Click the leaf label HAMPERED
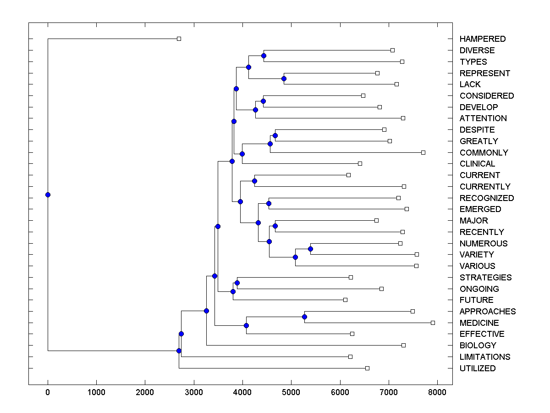point(483,39)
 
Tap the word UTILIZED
point(478,368)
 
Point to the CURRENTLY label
point(485,187)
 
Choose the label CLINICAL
point(477,164)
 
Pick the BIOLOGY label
point(478,346)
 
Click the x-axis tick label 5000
point(291,391)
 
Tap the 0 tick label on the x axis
point(48,391)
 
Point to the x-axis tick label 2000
point(145,391)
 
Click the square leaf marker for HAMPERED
point(179,39)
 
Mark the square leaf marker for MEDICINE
point(433,323)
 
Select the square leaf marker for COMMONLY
point(423,152)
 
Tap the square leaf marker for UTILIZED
point(367,368)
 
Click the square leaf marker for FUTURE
point(345,300)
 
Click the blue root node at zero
point(48,195)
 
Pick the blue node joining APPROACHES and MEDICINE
point(304,317)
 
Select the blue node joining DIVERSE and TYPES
point(264,56)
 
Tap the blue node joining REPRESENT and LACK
point(284,78)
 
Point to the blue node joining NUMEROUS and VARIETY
point(310,249)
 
